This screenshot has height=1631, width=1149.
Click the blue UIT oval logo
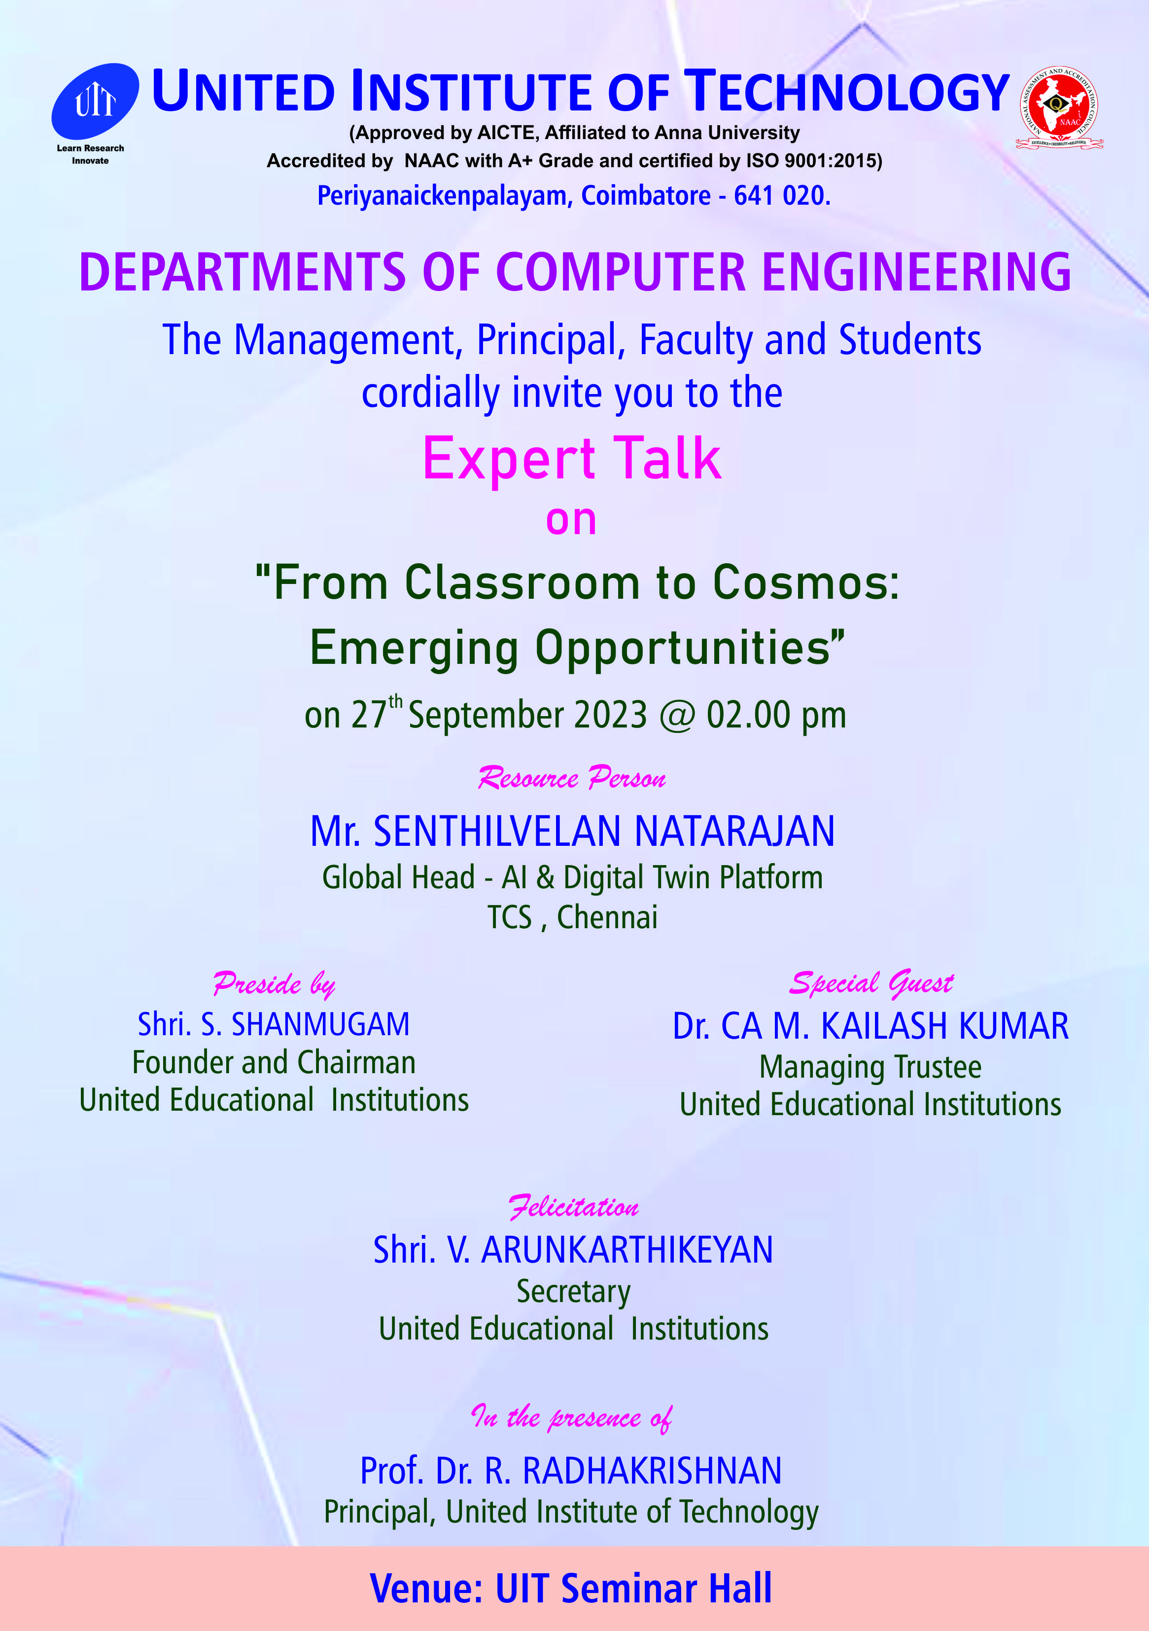coord(95,101)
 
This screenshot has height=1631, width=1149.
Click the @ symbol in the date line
coord(677,715)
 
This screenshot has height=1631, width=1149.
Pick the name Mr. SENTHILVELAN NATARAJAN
coord(572,831)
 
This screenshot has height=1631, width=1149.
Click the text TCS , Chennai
coord(572,917)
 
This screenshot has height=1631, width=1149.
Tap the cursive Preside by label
coord(274,984)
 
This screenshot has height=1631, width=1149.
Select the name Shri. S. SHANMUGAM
coord(274,1024)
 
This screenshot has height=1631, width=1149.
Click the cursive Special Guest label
coord(871,983)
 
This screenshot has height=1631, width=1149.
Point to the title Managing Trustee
coord(870,1067)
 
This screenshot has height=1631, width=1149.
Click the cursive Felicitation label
coord(574,1207)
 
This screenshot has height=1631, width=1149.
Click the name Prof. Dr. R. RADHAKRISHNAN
coord(571,1470)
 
